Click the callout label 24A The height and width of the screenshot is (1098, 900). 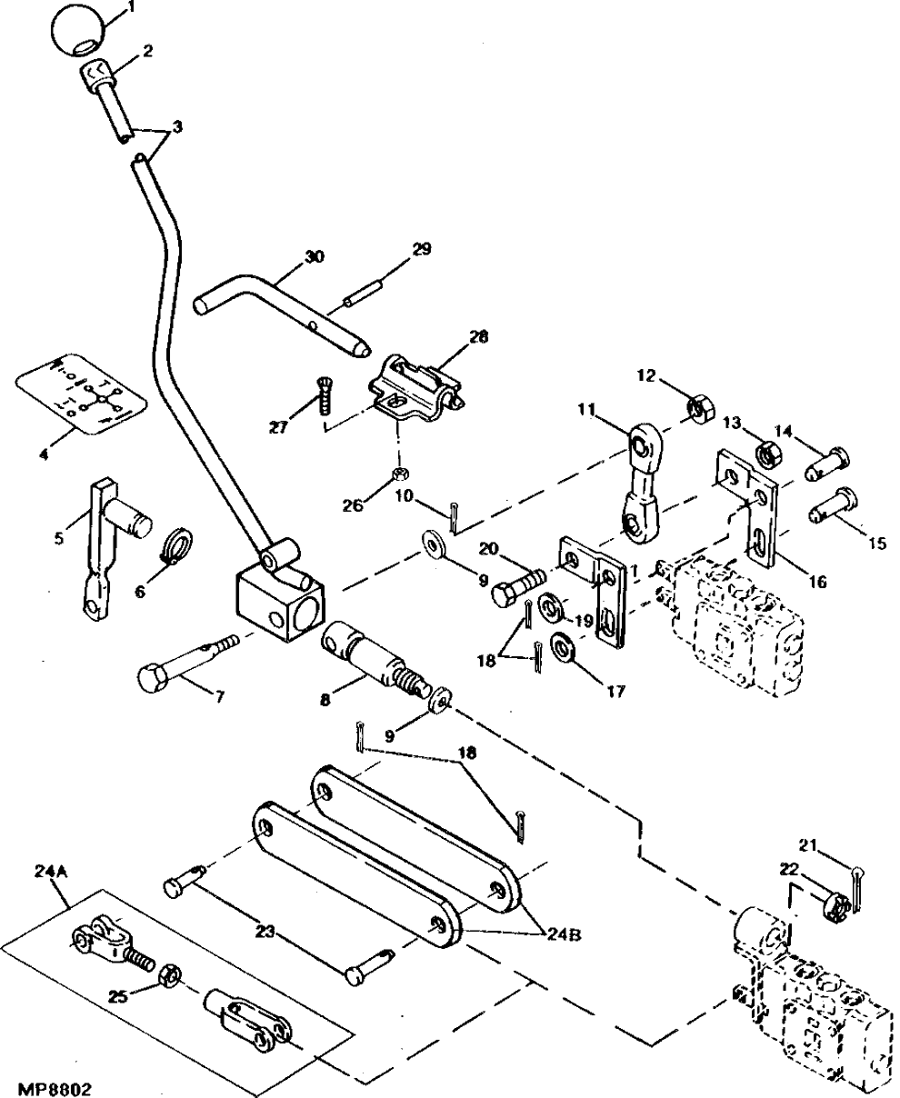[x=50, y=870]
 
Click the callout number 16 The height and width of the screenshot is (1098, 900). [x=815, y=582]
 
